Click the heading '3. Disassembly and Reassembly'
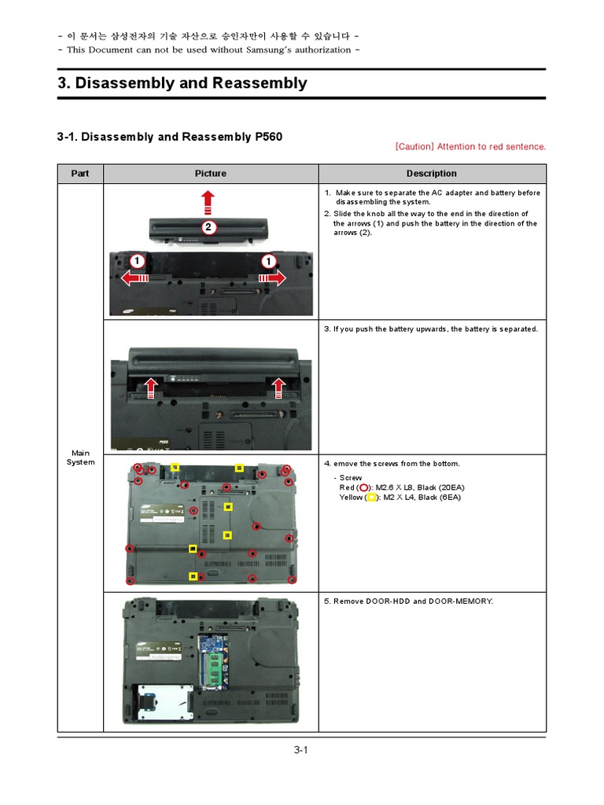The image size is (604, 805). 182,83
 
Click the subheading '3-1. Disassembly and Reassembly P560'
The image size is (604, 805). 169,137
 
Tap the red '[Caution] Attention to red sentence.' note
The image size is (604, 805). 470,146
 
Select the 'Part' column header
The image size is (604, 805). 80,174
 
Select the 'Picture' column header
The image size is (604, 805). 211,174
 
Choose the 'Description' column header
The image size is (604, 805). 431,174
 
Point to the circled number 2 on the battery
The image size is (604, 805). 208,229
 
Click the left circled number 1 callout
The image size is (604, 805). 137,260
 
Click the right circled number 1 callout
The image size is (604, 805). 269,260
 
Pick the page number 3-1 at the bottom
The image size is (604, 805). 301,750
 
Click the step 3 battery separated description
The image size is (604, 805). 431,329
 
